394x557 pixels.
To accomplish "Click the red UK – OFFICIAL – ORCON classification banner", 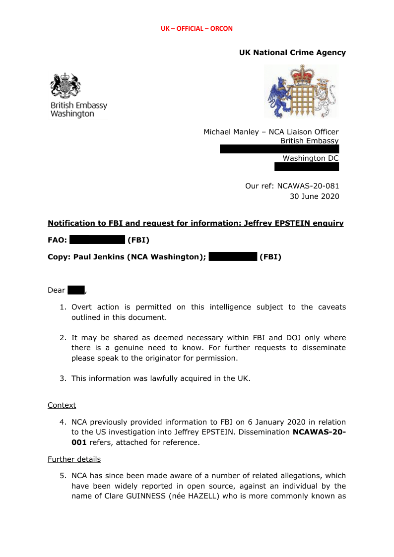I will click(197, 29).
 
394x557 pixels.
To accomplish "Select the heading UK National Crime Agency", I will click(292, 53).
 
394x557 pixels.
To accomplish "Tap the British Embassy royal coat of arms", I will click(65, 85).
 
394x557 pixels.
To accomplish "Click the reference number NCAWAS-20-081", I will click(308, 186).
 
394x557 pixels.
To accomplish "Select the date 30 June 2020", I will click(315, 196).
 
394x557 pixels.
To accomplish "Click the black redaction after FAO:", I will click(97, 241).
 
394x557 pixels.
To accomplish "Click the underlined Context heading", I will click(62, 405).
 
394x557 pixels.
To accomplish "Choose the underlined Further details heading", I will click(74, 459).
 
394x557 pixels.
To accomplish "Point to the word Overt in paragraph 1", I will click(82, 307).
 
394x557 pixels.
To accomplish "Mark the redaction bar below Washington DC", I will click(307, 167).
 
